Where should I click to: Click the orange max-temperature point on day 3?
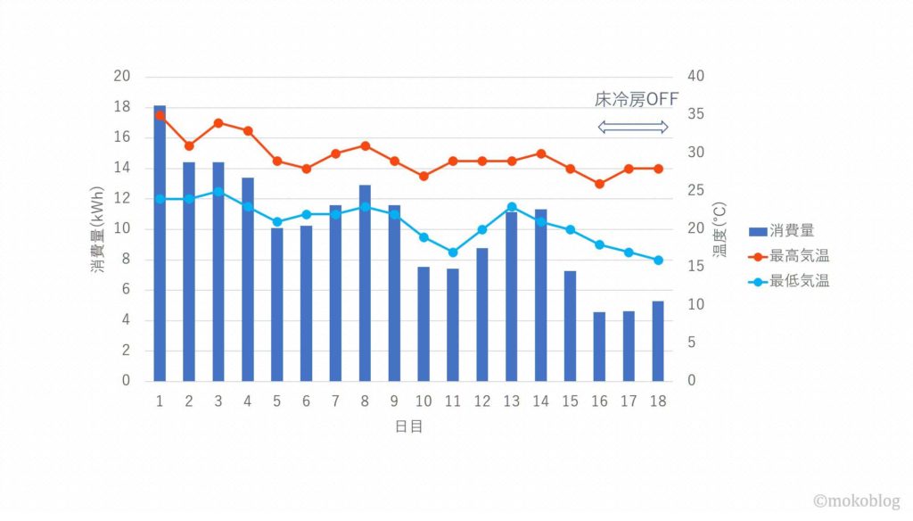tap(218, 123)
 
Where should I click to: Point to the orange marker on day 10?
tap(424, 176)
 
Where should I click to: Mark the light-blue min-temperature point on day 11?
tap(453, 252)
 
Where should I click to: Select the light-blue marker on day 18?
tap(658, 260)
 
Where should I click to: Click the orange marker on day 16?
tap(599, 184)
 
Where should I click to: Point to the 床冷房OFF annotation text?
tap(637, 99)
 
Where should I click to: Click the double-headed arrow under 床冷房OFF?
tap(632, 128)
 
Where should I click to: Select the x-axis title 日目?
tap(408, 426)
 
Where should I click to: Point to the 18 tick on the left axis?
tap(123, 107)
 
